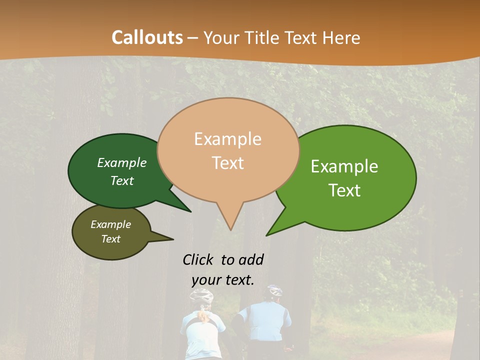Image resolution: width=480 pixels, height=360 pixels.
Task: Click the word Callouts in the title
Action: [147, 37]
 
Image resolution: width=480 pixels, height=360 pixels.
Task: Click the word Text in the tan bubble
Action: [227, 162]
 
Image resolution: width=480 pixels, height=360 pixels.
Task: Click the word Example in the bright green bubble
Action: [344, 166]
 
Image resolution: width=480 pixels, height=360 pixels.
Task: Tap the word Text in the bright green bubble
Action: [344, 190]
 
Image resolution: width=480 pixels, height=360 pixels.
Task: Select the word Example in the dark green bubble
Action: [122, 162]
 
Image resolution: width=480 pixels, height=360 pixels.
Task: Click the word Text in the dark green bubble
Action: [122, 180]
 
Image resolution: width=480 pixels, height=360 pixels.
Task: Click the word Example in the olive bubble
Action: [110, 224]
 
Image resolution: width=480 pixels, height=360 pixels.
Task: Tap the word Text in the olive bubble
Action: [110, 239]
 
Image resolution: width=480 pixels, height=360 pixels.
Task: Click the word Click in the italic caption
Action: [198, 259]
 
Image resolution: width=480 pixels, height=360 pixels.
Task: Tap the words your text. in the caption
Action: [222, 279]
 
